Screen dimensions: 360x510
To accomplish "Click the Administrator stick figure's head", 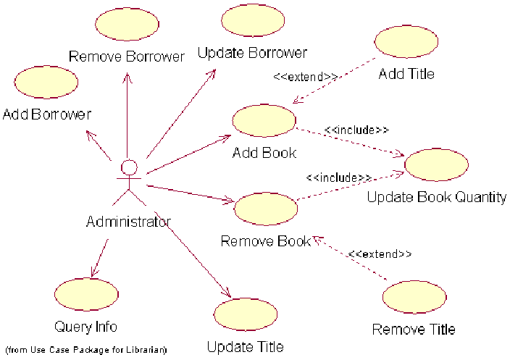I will [x=129, y=167].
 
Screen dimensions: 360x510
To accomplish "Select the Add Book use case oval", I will [x=264, y=120].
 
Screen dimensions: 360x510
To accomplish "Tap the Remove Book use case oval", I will [x=266, y=208].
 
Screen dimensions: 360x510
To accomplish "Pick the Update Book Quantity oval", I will [x=436, y=165].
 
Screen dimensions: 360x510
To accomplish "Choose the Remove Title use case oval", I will [x=414, y=298].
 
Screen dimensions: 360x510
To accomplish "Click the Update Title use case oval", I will [x=246, y=314].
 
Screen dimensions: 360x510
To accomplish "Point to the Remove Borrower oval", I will [x=126, y=25].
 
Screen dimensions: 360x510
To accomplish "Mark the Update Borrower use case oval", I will [x=252, y=20].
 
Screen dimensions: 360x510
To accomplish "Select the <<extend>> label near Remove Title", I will [x=380, y=254].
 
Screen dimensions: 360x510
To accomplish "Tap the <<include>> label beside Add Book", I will [x=356, y=130].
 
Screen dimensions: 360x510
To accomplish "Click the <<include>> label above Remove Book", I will [x=338, y=177].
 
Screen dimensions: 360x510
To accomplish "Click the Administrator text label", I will [x=128, y=222].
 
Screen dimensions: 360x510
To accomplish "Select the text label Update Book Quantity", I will [x=436, y=197].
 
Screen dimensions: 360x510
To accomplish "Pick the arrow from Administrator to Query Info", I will [x=99, y=257].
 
